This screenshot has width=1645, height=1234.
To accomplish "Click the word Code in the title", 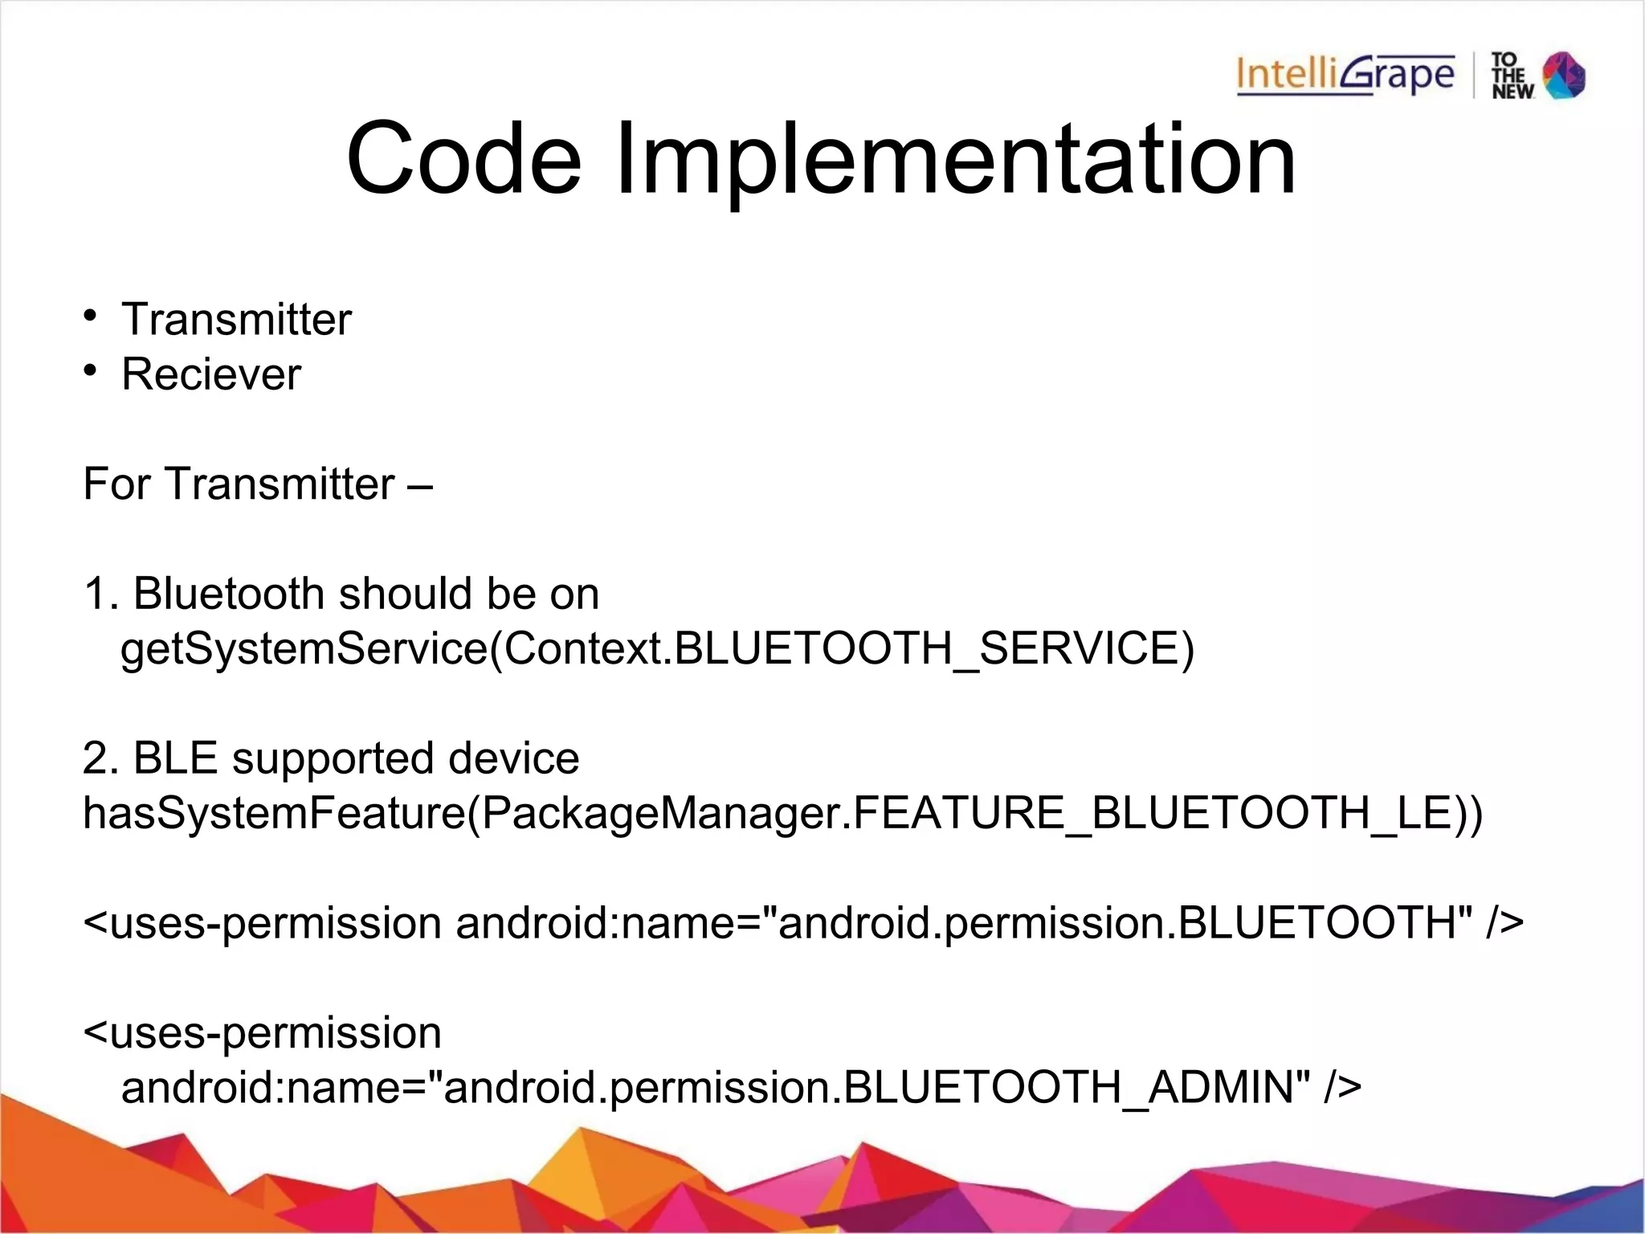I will pos(463,158).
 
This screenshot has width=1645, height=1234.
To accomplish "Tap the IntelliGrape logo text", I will pos(1345,76).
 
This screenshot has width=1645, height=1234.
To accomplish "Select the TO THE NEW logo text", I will pos(1512,76).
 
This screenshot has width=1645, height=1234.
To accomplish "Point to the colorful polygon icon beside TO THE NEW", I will pos(1564,76).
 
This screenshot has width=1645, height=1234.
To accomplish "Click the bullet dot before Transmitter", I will pos(92,314).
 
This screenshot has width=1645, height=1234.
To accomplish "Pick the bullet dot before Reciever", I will pos(92,369).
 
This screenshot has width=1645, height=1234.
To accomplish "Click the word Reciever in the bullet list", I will pos(211,374).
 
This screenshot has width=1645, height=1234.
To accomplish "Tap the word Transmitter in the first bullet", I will pos(236,320).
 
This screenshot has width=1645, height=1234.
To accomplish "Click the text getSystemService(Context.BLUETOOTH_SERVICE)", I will pos(657,649).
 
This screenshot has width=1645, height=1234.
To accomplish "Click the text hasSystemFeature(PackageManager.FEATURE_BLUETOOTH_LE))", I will pos(782,813).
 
